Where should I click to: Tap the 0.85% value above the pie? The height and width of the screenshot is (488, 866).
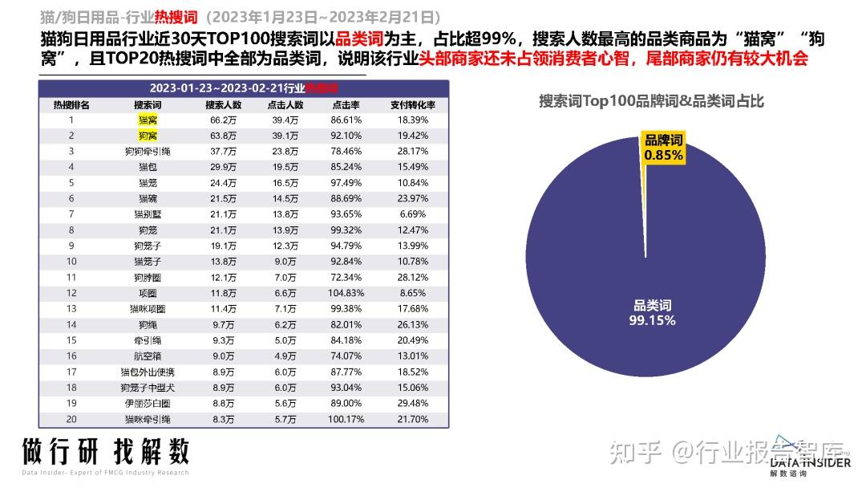pos(662,156)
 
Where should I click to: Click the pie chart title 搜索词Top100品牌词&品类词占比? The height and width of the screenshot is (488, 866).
pos(651,101)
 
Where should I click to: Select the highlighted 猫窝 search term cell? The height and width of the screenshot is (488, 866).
pos(148,120)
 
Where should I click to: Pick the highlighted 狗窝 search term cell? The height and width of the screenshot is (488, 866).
pos(148,135)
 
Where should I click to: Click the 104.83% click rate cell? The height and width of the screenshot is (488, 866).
pos(346,293)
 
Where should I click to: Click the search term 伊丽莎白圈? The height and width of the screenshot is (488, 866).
pos(148,403)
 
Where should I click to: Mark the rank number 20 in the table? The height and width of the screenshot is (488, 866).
pos(71,419)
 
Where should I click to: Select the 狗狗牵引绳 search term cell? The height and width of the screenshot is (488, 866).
pos(148,151)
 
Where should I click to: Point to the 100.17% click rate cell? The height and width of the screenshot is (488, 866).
pos(346,419)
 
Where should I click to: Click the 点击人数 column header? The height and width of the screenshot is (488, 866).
pos(286,104)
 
